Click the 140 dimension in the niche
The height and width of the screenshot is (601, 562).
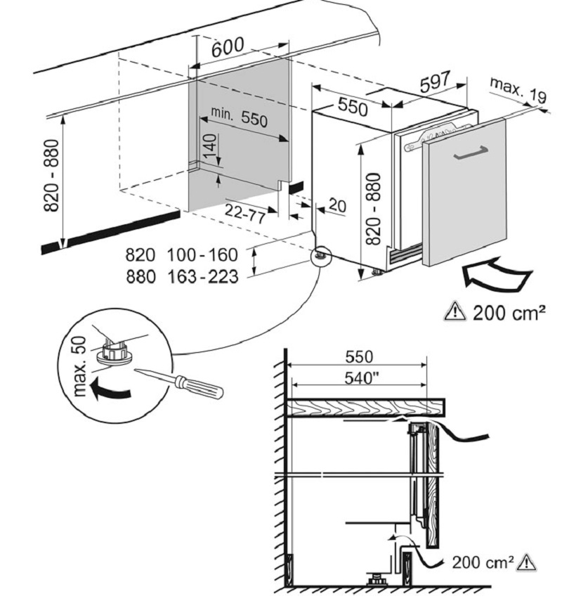click(209, 148)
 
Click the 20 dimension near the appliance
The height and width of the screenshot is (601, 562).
click(337, 206)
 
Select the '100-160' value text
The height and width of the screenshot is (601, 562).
click(202, 254)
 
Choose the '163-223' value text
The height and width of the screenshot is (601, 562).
click(202, 277)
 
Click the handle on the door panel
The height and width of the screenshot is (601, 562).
click(471, 154)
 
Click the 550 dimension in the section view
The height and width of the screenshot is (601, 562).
click(358, 357)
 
